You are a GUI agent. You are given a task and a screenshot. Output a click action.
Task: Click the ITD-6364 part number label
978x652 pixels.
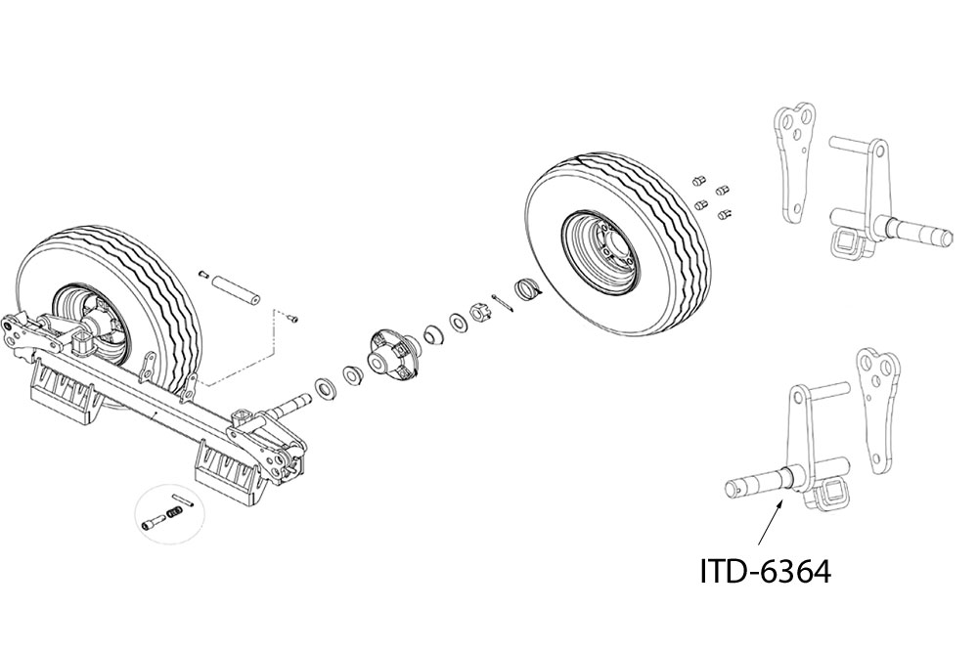765,571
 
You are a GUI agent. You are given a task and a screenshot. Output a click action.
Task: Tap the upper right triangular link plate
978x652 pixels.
794,161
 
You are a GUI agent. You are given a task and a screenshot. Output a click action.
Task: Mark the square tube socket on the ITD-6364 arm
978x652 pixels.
830,495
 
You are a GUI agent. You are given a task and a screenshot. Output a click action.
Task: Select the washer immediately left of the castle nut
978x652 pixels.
457,321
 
